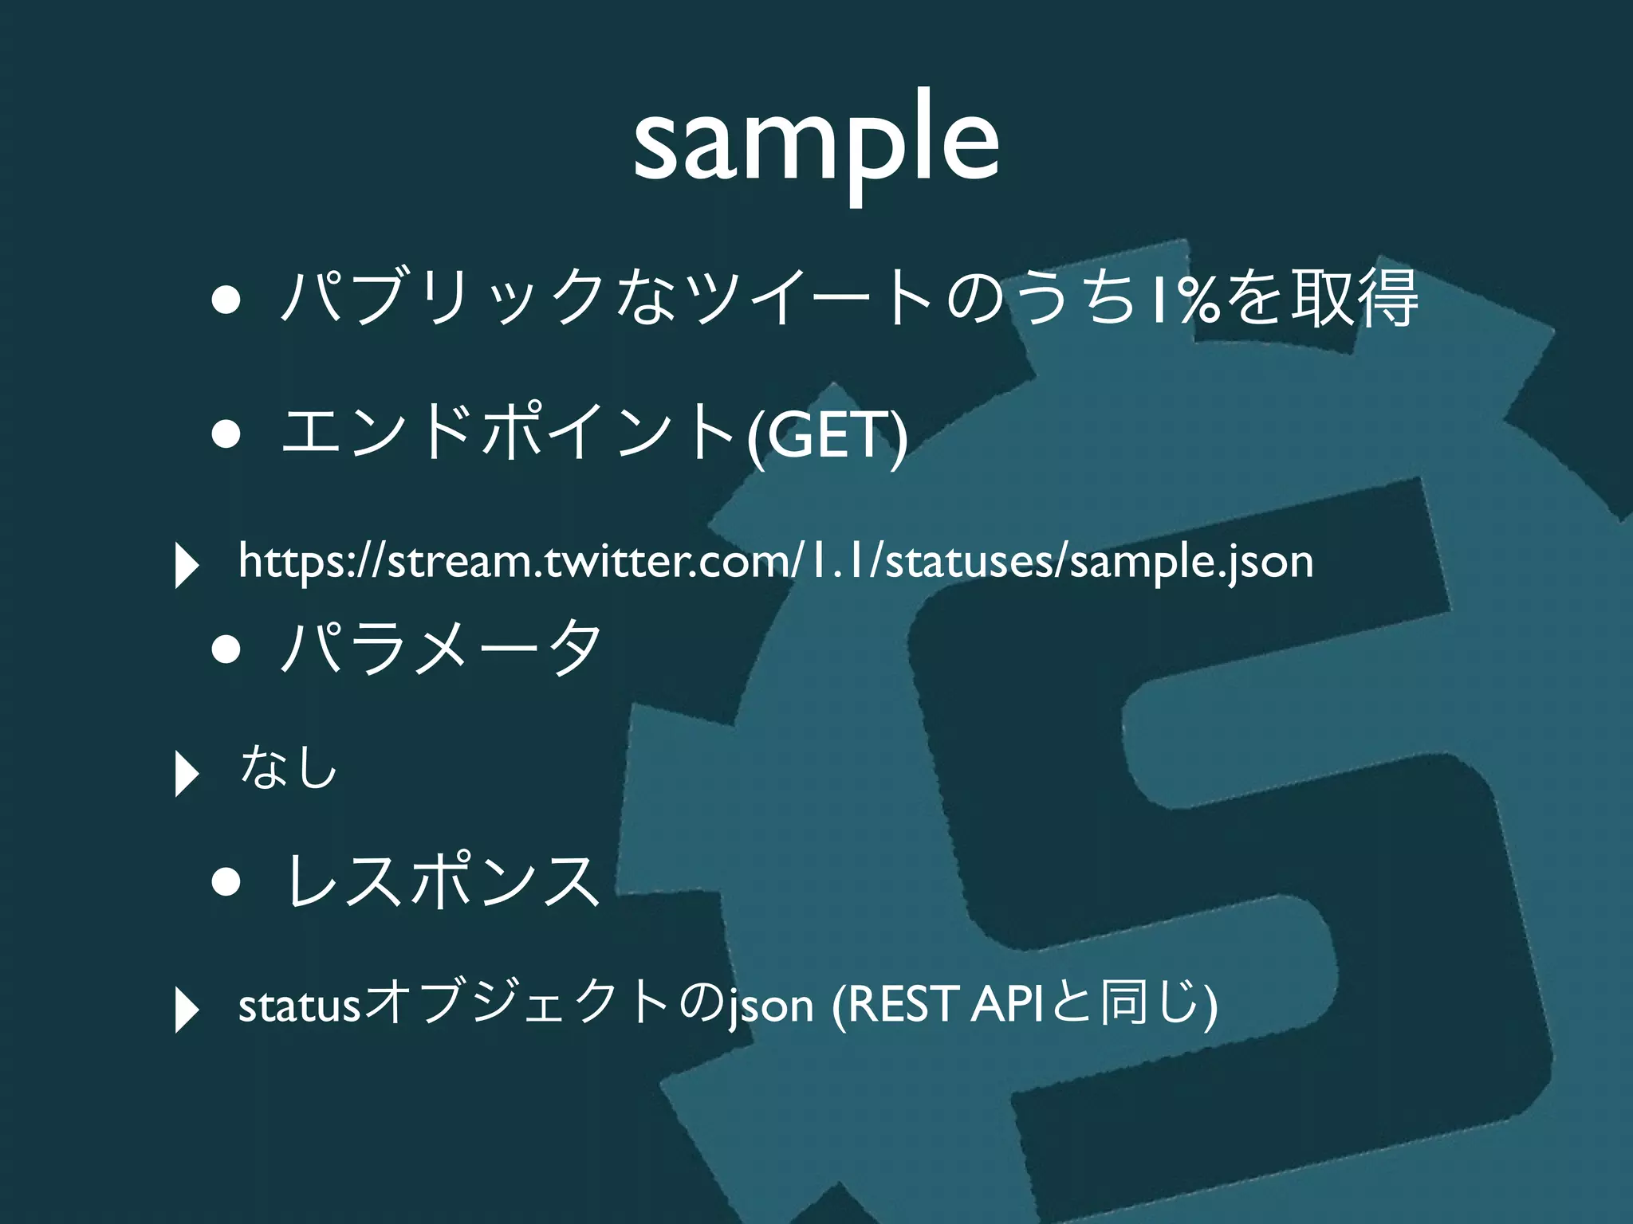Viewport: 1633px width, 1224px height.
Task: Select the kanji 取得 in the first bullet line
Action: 1355,299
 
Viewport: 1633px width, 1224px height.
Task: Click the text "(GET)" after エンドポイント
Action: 827,435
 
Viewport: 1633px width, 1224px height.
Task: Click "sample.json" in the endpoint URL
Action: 1191,563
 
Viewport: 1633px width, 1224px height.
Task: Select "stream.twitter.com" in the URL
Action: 591,561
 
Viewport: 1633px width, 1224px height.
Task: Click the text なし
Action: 289,767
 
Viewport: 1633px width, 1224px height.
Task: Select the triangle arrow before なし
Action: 186,773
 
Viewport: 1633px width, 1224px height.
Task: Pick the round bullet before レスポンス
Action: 226,883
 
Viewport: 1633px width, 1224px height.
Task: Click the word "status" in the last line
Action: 300,1006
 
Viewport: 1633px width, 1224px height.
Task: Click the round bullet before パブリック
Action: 226,302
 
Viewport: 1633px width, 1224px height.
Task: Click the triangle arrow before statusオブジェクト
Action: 186,1010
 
